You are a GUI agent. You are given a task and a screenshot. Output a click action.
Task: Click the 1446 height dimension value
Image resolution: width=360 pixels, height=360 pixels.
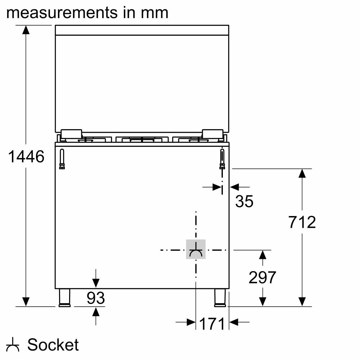[26, 157]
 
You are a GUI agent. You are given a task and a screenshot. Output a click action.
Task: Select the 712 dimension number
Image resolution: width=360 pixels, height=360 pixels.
[302, 222]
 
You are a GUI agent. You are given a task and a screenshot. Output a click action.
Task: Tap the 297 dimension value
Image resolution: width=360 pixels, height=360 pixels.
[262, 278]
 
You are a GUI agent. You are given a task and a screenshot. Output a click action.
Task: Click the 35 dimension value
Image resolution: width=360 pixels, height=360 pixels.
[244, 201]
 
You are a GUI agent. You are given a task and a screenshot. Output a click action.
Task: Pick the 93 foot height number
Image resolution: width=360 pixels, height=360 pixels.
[96, 298]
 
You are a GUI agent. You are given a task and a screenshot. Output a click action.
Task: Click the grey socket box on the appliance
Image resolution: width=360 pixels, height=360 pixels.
[195, 249]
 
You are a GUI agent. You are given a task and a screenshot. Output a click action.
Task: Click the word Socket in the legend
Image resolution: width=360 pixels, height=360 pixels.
[53, 345]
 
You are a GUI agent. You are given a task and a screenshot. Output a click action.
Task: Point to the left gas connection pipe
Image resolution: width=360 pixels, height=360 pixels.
[62, 159]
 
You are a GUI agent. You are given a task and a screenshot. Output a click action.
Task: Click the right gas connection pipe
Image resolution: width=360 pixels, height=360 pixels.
[222, 159]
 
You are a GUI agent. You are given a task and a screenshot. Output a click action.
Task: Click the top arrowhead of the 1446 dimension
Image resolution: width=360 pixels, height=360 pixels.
[26, 30]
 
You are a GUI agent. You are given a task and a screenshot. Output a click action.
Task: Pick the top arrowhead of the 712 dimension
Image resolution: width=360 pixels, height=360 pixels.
[302, 173]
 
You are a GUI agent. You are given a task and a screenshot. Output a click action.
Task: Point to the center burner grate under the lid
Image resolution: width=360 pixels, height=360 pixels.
[142, 139]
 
